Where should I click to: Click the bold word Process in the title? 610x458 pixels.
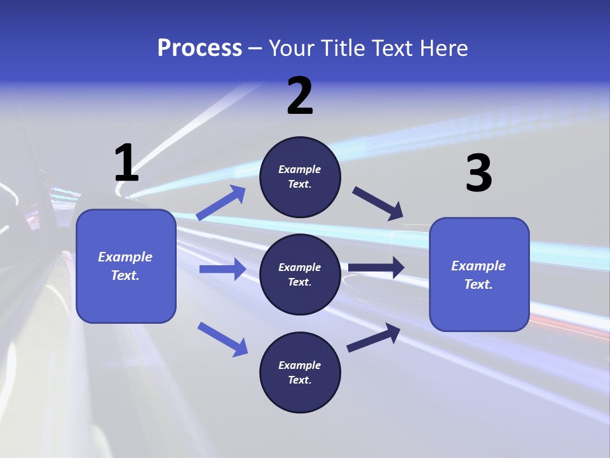[x=200, y=48]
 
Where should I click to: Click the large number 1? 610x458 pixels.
[x=126, y=163]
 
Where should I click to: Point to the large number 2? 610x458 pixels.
[x=300, y=97]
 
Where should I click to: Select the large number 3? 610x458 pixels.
[x=478, y=174]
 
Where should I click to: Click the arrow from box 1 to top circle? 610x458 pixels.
[x=222, y=202]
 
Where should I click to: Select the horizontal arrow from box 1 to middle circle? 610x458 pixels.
[x=222, y=269]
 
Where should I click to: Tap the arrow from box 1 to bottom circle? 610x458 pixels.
[x=223, y=338]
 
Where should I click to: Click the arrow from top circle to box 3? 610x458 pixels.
[x=378, y=204]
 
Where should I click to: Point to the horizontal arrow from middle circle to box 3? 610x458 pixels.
[x=376, y=268]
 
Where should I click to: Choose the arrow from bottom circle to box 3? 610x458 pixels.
[x=374, y=338]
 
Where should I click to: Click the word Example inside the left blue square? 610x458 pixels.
[x=125, y=257]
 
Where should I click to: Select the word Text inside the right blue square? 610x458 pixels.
[x=478, y=284]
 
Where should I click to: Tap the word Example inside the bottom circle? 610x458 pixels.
[x=299, y=365]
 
